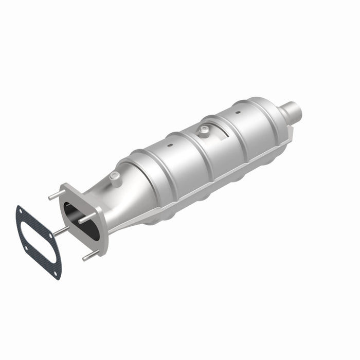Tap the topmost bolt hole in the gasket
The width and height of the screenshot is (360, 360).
pos(20,210)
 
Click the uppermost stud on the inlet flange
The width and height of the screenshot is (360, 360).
pos(56,195)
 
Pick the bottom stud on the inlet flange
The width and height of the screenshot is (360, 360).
pos(89,255)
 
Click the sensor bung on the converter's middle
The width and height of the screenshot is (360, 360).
pos(204,131)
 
